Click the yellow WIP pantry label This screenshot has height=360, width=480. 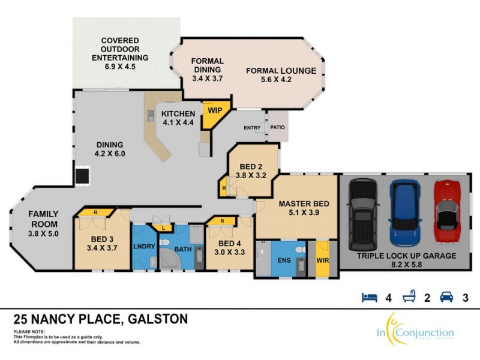pos(214,110)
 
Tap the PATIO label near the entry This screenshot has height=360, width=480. pos(277,128)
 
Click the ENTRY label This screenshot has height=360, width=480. pos(252,128)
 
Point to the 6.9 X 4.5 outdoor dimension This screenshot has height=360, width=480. pos(120,67)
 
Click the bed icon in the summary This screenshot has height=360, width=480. pos(368,297)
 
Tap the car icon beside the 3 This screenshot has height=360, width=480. pos(446,297)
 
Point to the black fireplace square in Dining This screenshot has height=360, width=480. pos(82,175)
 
